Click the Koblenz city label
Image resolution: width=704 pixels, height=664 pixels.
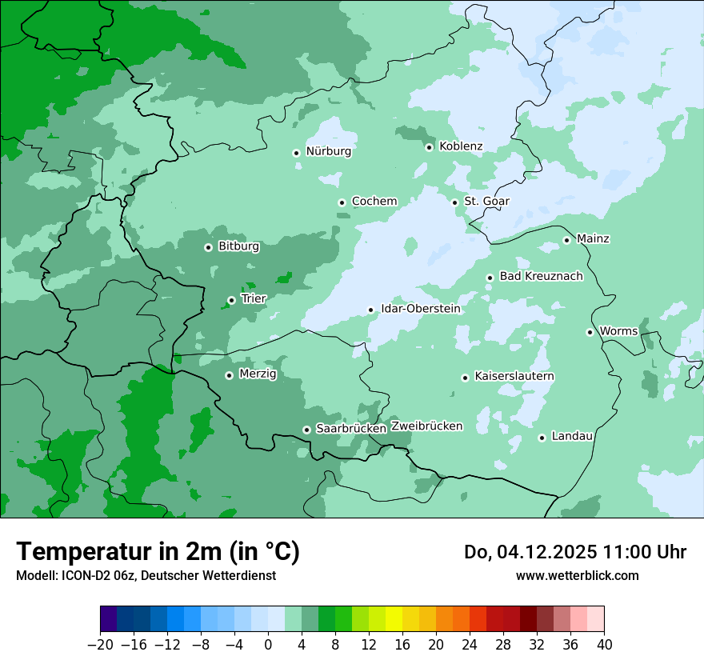click(461, 146)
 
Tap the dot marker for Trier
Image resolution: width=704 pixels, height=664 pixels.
click(231, 301)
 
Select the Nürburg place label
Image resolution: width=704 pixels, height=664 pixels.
click(328, 151)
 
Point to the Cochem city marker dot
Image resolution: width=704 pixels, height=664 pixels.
click(342, 202)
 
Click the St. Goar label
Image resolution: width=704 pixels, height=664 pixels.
click(486, 202)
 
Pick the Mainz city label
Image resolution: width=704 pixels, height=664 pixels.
click(593, 238)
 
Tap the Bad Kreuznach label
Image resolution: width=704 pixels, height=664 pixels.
click(541, 277)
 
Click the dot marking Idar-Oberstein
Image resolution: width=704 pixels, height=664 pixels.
click(370, 310)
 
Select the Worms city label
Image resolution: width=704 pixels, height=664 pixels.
click(618, 331)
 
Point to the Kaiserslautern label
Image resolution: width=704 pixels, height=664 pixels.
click(514, 377)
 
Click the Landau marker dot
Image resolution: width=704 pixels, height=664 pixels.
click(542, 438)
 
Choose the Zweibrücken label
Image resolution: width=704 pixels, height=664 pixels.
click(426, 426)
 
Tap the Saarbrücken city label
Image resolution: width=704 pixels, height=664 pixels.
click(351, 429)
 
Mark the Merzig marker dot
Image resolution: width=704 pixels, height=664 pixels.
click(229, 375)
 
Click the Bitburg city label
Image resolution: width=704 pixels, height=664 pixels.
click(238, 246)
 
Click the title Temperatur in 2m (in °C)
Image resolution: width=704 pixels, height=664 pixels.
click(158, 552)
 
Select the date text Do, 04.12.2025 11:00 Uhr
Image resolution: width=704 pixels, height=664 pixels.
click(574, 552)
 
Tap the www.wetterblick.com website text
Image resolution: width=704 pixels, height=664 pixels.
click(577, 576)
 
